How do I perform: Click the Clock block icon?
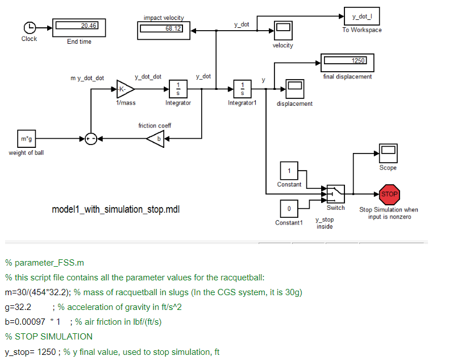click(30, 27)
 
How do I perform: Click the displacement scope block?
click(294, 89)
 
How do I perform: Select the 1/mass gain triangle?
click(124, 89)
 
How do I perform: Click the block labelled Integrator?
click(178, 89)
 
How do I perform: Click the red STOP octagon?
click(389, 194)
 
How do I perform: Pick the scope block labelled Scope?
click(388, 152)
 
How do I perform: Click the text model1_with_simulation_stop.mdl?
click(116, 210)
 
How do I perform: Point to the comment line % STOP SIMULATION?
click(48, 336)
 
